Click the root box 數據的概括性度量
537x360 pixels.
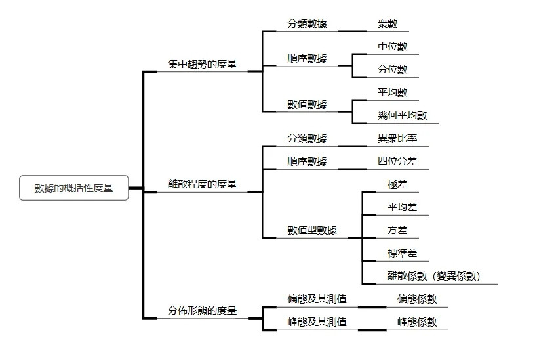coord(73,188)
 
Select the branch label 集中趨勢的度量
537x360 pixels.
coord(202,64)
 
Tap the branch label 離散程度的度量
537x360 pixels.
coord(202,184)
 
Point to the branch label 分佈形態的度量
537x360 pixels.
coord(202,311)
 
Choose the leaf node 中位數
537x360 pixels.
coord(393,47)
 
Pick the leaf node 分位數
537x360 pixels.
coord(393,70)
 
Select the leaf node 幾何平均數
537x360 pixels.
coord(403,115)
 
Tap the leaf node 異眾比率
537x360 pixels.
coord(397,138)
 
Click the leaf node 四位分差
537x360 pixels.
coord(397,161)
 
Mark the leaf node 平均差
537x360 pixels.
coord(403,207)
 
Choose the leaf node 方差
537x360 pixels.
coord(397,230)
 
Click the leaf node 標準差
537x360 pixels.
coord(403,253)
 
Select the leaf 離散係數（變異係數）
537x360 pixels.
coord(434,276)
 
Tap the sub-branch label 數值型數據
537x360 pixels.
coord(312,230)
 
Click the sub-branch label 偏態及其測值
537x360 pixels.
coord(317,299)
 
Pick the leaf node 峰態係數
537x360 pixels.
coord(417,322)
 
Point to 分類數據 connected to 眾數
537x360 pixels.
coord(307,24)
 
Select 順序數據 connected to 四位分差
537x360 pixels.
coord(307,161)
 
